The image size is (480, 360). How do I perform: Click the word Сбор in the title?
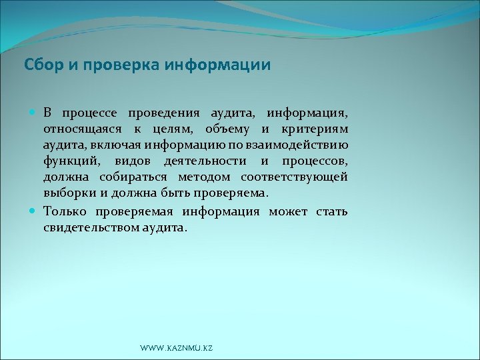[42, 65]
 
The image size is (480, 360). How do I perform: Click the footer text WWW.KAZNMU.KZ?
[177, 349]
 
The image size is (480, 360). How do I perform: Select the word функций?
[70, 162]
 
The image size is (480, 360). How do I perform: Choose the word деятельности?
[206, 162]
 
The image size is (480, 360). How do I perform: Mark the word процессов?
[313, 162]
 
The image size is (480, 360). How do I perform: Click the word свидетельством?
[91, 228]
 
